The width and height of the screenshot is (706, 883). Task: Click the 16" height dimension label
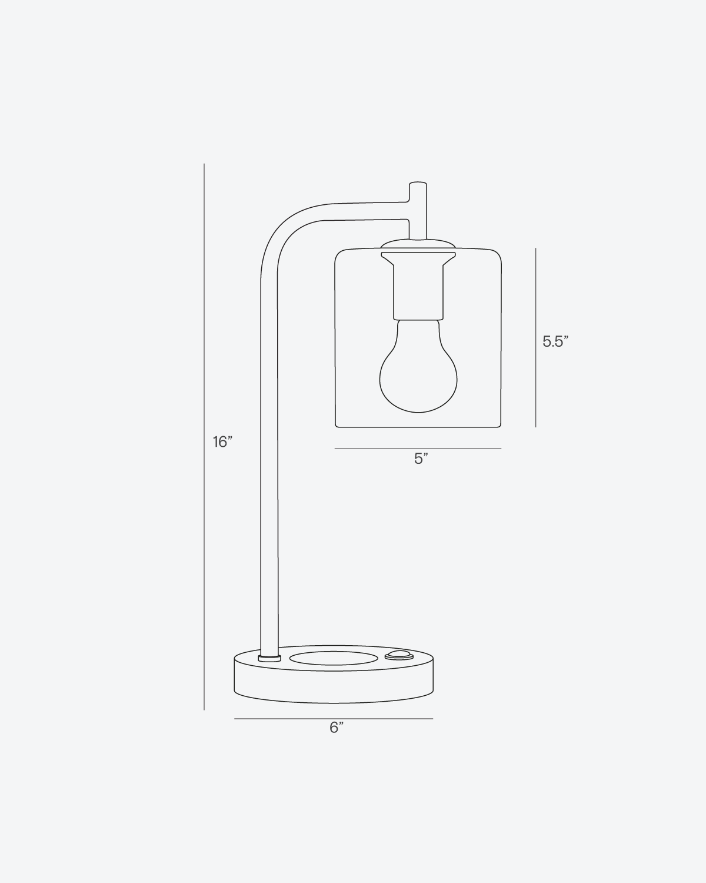pyautogui.click(x=223, y=441)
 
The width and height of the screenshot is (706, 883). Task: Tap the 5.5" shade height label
pyautogui.click(x=555, y=341)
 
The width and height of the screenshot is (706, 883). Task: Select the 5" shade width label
pyautogui.click(x=420, y=459)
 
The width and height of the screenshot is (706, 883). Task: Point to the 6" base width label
pyautogui.click(x=336, y=728)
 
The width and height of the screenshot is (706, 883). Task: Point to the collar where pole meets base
pyautogui.click(x=269, y=656)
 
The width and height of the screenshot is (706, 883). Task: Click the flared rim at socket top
pyautogui.click(x=418, y=257)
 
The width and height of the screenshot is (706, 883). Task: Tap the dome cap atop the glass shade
pyautogui.click(x=418, y=244)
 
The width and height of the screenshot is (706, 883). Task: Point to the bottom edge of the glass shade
pyautogui.click(x=418, y=427)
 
